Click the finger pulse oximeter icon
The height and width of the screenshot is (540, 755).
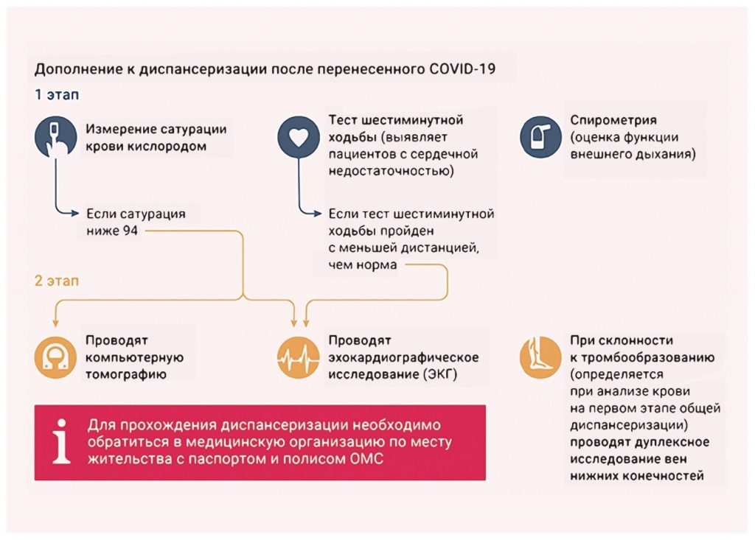tap(56, 137)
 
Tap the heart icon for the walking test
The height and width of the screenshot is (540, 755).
tap(299, 137)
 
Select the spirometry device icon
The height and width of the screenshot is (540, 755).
tap(540, 137)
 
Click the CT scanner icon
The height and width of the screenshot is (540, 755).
tap(56, 357)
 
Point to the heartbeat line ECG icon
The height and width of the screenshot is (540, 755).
tap(299, 357)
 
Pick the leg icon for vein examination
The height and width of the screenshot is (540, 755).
tap(540, 357)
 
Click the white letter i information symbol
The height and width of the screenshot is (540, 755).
tap(62, 441)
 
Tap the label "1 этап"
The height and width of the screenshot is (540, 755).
tap(57, 94)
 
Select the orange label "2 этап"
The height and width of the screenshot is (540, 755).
tap(57, 281)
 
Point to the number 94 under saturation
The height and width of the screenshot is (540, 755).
tap(130, 231)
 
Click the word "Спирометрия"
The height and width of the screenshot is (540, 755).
tap(613, 120)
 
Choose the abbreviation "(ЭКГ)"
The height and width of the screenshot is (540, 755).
tap(440, 374)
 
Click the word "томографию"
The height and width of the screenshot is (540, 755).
tap(126, 374)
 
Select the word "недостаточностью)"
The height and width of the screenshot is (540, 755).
tap(391, 171)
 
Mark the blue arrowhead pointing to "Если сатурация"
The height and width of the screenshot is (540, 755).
tap(75, 213)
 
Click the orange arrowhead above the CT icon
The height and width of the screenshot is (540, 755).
tap(56, 322)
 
